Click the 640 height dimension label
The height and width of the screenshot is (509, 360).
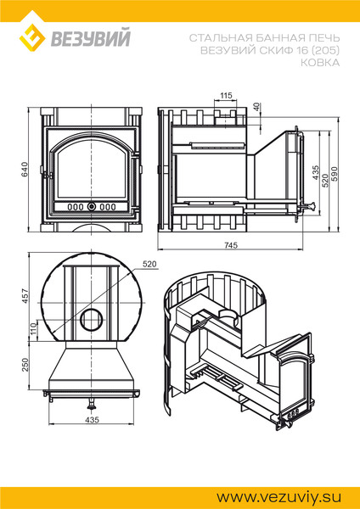click(x=25, y=169)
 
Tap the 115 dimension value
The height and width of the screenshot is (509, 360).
click(x=226, y=95)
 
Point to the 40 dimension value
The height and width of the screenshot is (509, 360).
click(x=257, y=107)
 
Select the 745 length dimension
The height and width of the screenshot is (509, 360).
click(x=231, y=245)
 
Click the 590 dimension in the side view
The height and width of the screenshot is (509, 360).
click(x=335, y=174)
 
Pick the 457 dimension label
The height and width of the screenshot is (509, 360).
click(x=25, y=296)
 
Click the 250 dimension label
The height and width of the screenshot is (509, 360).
click(x=25, y=365)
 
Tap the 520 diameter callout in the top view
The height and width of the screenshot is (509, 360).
click(x=149, y=265)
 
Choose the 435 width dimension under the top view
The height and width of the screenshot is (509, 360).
click(x=92, y=420)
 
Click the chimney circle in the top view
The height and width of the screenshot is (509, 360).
click(x=91, y=320)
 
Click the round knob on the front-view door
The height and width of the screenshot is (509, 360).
click(x=91, y=206)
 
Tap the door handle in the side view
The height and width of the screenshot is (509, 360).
click(x=309, y=206)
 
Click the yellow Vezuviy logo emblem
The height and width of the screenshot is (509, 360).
click(x=32, y=37)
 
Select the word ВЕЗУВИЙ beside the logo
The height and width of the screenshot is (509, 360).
click(x=90, y=38)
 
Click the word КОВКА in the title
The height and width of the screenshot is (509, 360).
click(x=320, y=62)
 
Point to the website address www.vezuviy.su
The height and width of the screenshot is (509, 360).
click(x=278, y=497)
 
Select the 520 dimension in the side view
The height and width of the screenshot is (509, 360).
click(x=325, y=181)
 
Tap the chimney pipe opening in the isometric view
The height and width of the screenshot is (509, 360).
click(x=230, y=314)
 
